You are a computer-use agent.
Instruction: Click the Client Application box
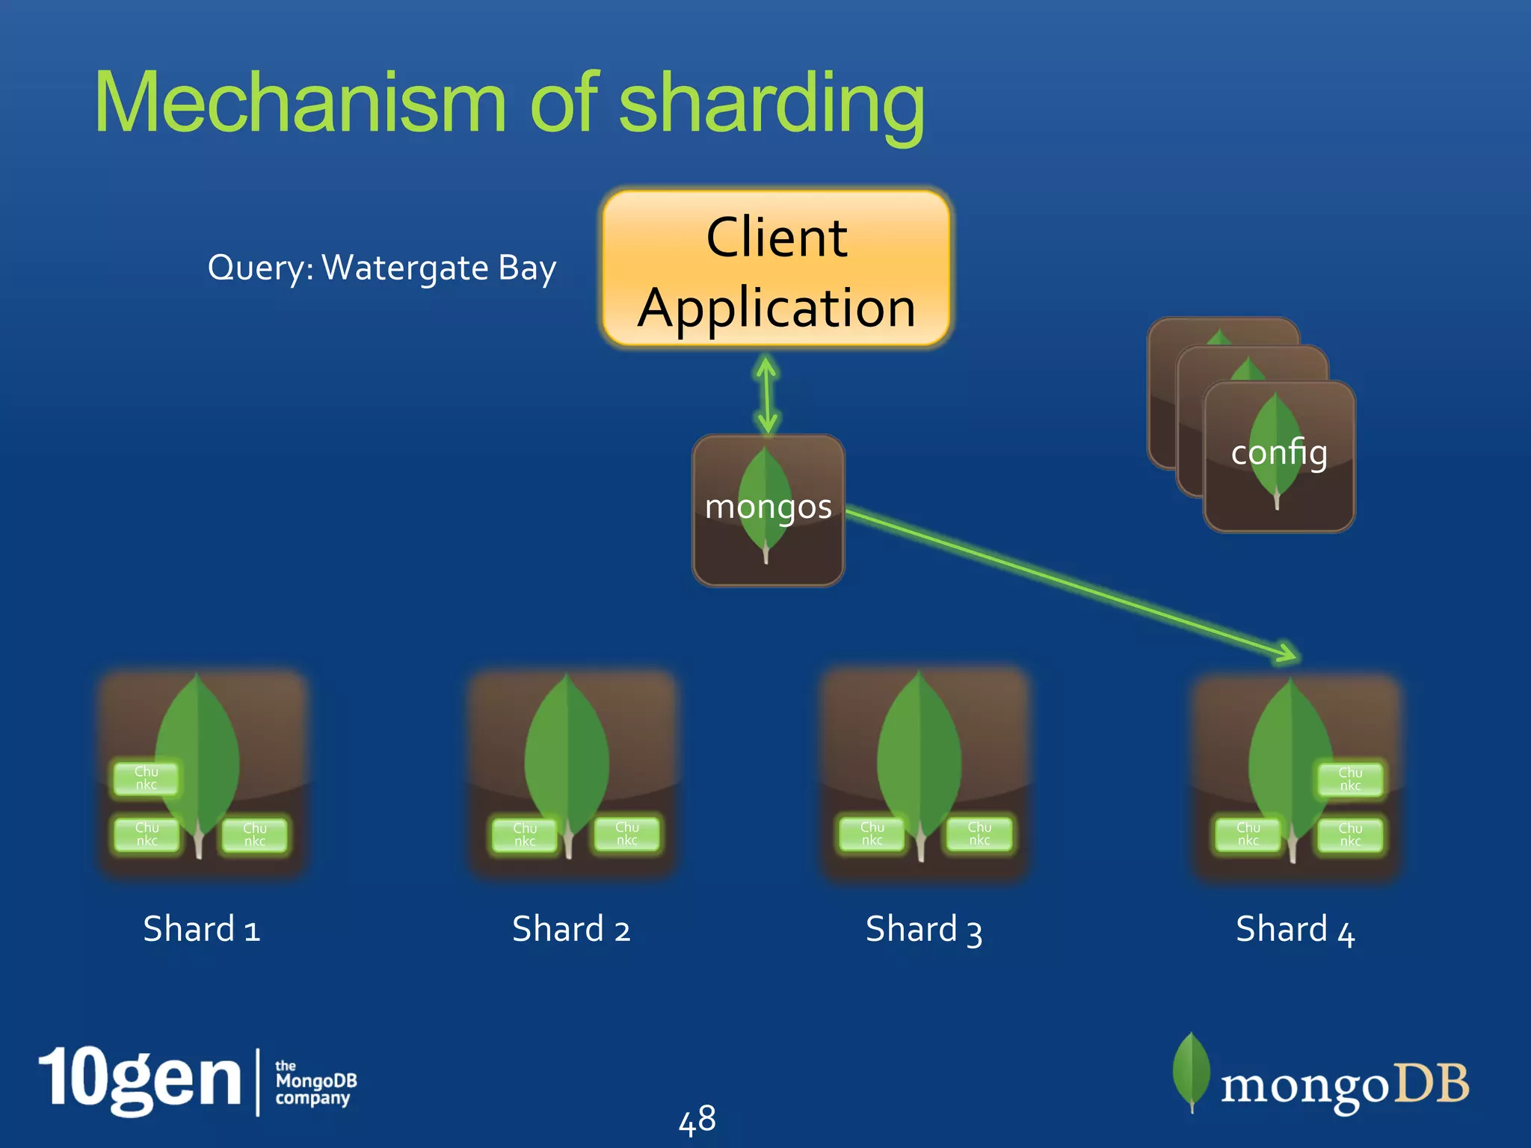[776, 269]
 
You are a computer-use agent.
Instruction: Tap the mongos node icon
[768, 510]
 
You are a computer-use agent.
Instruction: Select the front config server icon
[1279, 456]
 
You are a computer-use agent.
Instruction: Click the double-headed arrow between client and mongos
[766, 394]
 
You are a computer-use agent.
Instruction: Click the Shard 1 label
[201, 929]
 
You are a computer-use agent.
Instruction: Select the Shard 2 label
[571, 929]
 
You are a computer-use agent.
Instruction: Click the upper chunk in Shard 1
[147, 778]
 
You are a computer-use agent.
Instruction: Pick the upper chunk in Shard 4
[1350, 779]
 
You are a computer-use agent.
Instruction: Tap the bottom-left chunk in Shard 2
[525, 834]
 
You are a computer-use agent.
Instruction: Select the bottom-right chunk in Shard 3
[979, 833]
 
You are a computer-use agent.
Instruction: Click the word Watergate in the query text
[404, 268]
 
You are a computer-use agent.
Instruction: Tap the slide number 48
[697, 1119]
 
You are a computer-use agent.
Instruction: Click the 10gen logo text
[140, 1079]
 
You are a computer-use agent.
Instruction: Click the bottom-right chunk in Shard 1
[254, 834]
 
